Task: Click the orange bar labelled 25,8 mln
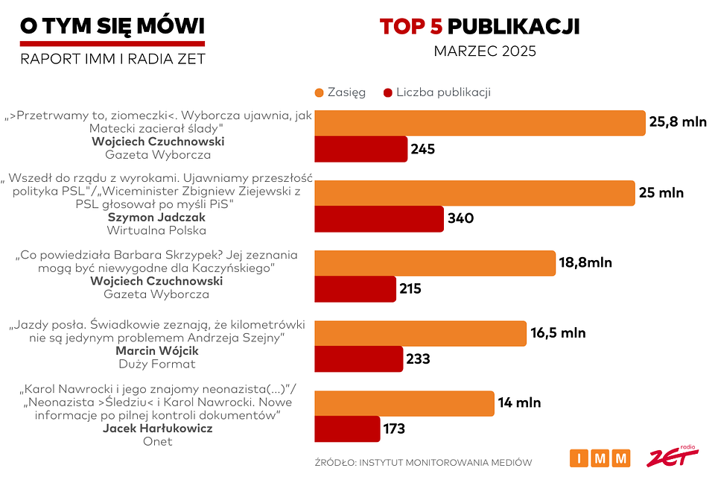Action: pos(480,123)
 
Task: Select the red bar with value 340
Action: pos(379,218)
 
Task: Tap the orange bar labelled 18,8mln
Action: pos(435,263)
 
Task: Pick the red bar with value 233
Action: pos(358,358)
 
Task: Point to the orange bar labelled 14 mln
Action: pos(404,403)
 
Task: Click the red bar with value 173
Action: pos(347,429)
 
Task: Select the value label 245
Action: pos(422,149)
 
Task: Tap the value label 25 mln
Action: pos(661,193)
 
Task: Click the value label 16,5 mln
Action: pos(558,333)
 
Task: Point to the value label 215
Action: pos(410,288)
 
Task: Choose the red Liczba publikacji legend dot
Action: pos(387,92)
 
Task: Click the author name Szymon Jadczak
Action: pos(156,217)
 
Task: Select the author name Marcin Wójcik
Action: pos(156,351)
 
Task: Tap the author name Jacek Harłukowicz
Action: pos(157,429)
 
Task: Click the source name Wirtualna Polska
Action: pos(156,230)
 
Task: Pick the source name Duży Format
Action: pos(156,364)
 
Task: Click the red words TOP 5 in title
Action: pos(411,27)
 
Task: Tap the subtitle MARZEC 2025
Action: pos(485,52)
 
